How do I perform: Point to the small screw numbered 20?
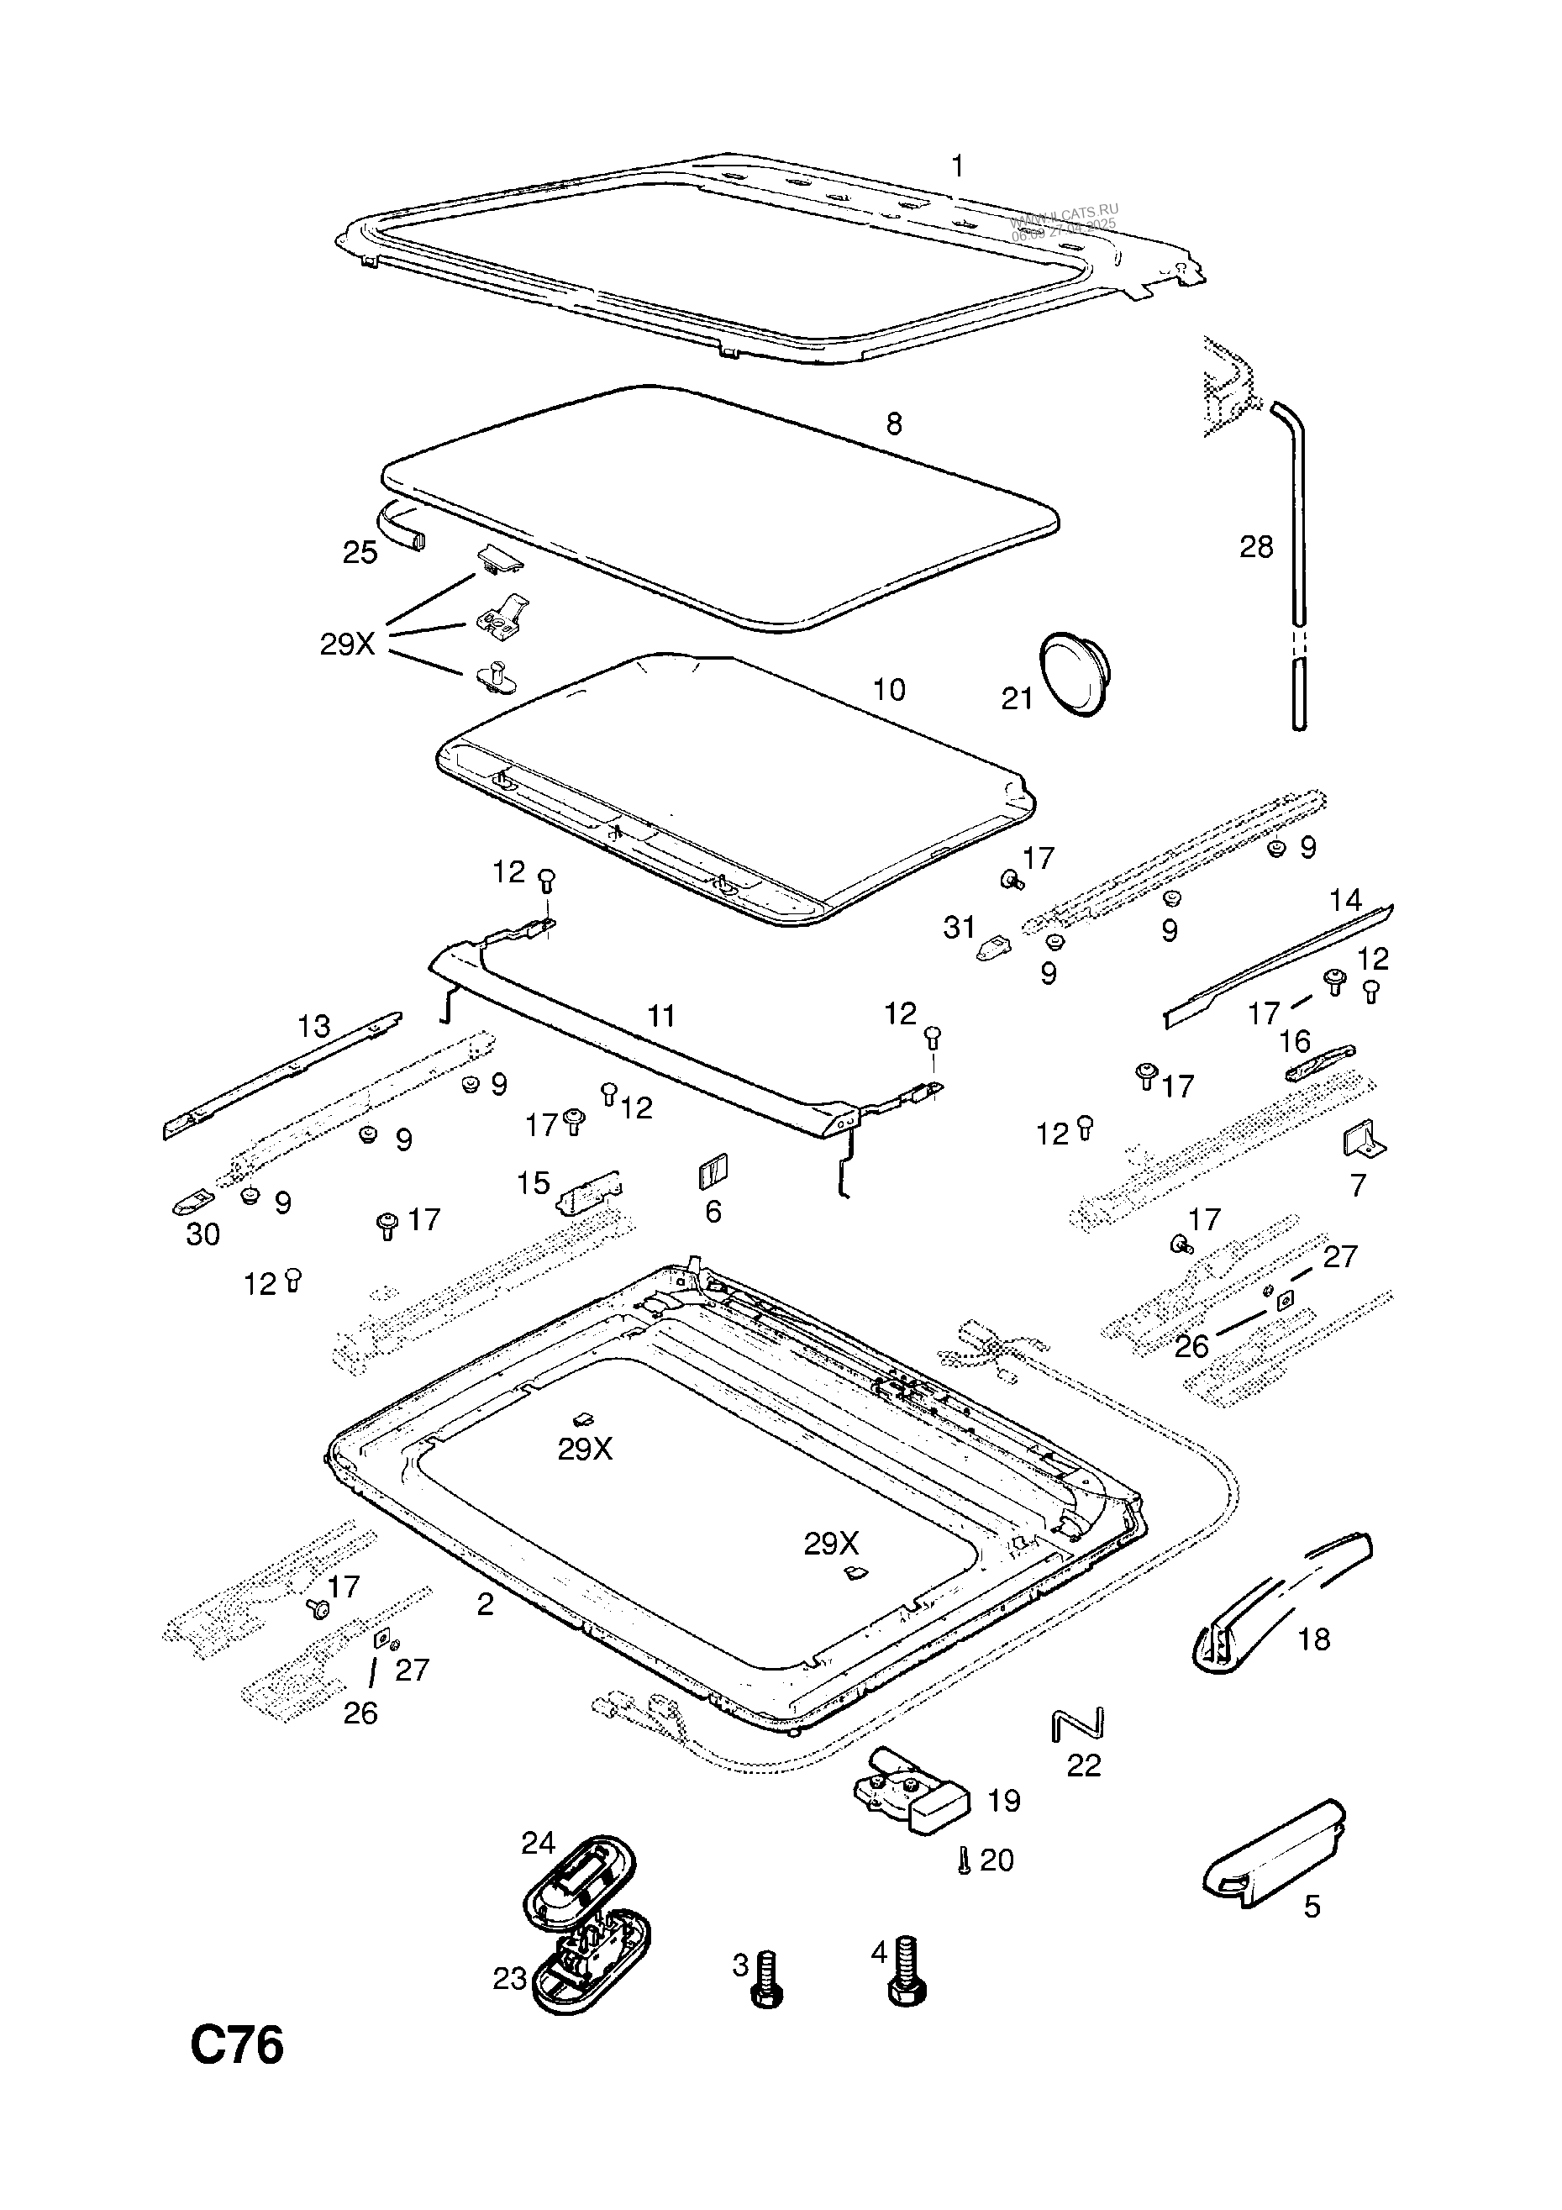point(964,1861)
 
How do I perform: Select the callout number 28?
point(1256,547)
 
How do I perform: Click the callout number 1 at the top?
point(957,166)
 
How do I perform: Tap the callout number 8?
point(894,424)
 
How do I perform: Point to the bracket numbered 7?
point(1363,1139)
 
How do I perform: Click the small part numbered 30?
point(192,1203)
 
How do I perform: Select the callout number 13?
point(313,1026)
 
